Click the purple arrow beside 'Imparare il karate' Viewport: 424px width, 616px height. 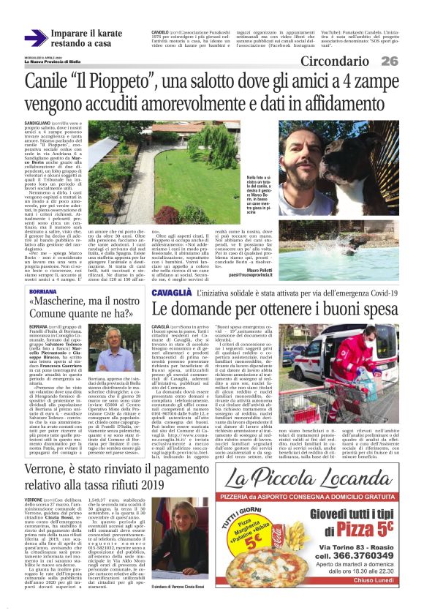coord(36,38)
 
